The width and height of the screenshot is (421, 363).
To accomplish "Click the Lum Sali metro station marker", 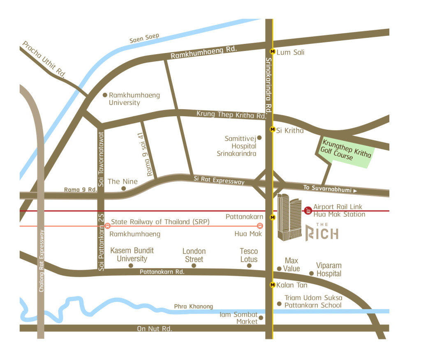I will point(272,52).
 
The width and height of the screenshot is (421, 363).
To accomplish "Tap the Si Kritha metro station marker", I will point(272,129).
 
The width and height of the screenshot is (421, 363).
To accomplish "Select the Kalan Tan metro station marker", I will point(272,285).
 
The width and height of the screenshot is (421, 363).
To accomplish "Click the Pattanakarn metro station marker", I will point(272,217).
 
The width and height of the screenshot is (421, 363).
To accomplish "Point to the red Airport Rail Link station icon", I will point(308,211).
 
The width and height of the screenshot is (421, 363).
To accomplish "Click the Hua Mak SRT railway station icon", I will point(260,225).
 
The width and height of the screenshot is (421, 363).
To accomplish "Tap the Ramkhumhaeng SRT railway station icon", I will point(108,225).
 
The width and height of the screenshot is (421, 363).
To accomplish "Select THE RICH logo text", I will point(322,232).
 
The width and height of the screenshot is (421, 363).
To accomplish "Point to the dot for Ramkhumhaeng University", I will point(104,95).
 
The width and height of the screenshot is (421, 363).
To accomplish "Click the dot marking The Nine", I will point(123,188).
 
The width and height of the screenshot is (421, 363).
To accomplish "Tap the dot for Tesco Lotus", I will point(249,266).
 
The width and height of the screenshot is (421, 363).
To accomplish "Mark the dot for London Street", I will point(194,266).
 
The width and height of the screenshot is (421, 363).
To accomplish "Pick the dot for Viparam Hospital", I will point(311,273).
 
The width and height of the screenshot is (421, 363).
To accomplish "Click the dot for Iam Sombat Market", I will point(261,318).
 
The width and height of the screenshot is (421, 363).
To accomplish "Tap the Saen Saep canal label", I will point(144,38).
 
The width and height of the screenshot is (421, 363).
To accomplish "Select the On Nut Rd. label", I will point(155,329).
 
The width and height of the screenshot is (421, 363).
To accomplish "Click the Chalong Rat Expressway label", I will point(41,261).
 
